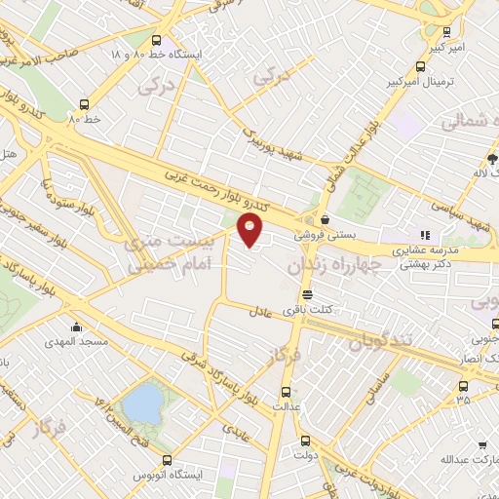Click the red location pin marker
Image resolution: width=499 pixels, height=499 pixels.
(x=250, y=231)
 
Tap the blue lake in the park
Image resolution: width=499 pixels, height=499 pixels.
(x=142, y=401)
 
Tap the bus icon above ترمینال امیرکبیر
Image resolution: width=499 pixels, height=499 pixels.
(x=419, y=67)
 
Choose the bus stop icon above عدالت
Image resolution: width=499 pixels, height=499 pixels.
(x=285, y=390)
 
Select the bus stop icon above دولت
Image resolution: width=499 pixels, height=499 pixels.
(x=305, y=439)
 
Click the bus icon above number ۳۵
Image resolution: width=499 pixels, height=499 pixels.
(x=462, y=386)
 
